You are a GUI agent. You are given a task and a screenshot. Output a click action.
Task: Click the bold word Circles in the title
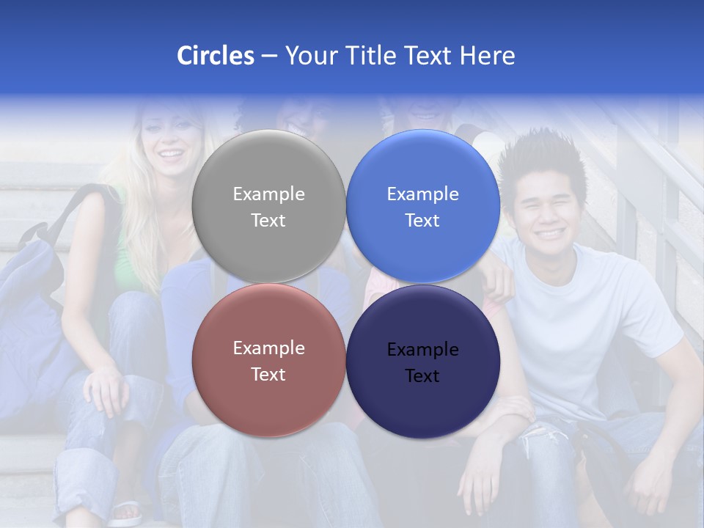click(215, 56)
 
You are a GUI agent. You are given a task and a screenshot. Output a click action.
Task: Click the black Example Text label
click(422, 362)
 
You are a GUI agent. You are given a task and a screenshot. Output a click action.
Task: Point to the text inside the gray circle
click(268, 207)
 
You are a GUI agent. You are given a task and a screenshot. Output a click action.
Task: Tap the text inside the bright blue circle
click(422, 207)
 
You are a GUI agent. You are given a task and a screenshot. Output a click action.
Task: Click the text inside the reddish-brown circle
click(268, 361)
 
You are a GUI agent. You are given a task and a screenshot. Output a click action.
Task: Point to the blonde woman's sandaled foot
click(125, 512)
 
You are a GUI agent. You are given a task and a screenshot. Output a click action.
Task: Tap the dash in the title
click(269, 56)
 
